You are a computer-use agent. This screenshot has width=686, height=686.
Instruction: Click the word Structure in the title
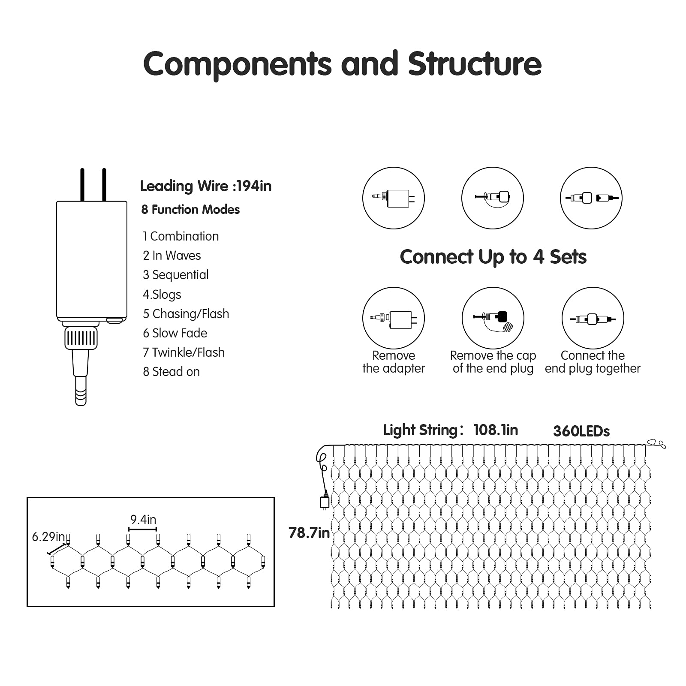click(x=475, y=64)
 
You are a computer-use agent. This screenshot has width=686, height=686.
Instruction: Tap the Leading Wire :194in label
click(x=206, y=186)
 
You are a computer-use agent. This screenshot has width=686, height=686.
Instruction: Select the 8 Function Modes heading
click(x=190, y=210)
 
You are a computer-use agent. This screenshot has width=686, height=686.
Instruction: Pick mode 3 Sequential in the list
click(x=176, y=275)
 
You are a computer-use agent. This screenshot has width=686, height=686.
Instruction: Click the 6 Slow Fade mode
click(x=175, y=333)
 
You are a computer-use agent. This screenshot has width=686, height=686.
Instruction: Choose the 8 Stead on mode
click(x=171, y=372)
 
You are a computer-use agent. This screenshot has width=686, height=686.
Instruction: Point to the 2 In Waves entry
click(x=172, y=256)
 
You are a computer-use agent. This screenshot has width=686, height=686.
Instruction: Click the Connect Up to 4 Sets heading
click(x=493, y=257)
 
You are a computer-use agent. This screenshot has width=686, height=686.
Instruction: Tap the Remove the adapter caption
click(x=394, y=362)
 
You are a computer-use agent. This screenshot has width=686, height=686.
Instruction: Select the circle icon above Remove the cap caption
click(x=493, y=318)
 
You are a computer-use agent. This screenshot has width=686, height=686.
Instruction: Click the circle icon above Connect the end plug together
click(x=593, y=318)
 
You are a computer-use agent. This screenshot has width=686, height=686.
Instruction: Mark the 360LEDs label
click(x=581, y=431)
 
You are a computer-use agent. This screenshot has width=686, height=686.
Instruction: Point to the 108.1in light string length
click(x=496, y=430)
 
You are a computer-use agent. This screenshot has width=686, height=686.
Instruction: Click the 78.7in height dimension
click(x=309, y=533)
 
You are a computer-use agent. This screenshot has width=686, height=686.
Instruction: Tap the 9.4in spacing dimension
click(x=143, y=520)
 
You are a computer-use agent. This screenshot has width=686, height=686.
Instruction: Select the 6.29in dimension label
click(x=48, y=537)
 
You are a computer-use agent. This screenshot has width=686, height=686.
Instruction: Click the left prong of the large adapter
click(x=82, y=185)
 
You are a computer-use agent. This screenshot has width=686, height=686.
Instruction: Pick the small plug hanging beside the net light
click(x=325, y=502)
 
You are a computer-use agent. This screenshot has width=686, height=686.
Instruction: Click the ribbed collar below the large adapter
click(x=81, y=338)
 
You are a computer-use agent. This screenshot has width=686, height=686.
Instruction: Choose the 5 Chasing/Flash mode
click(x=186, y=314)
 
